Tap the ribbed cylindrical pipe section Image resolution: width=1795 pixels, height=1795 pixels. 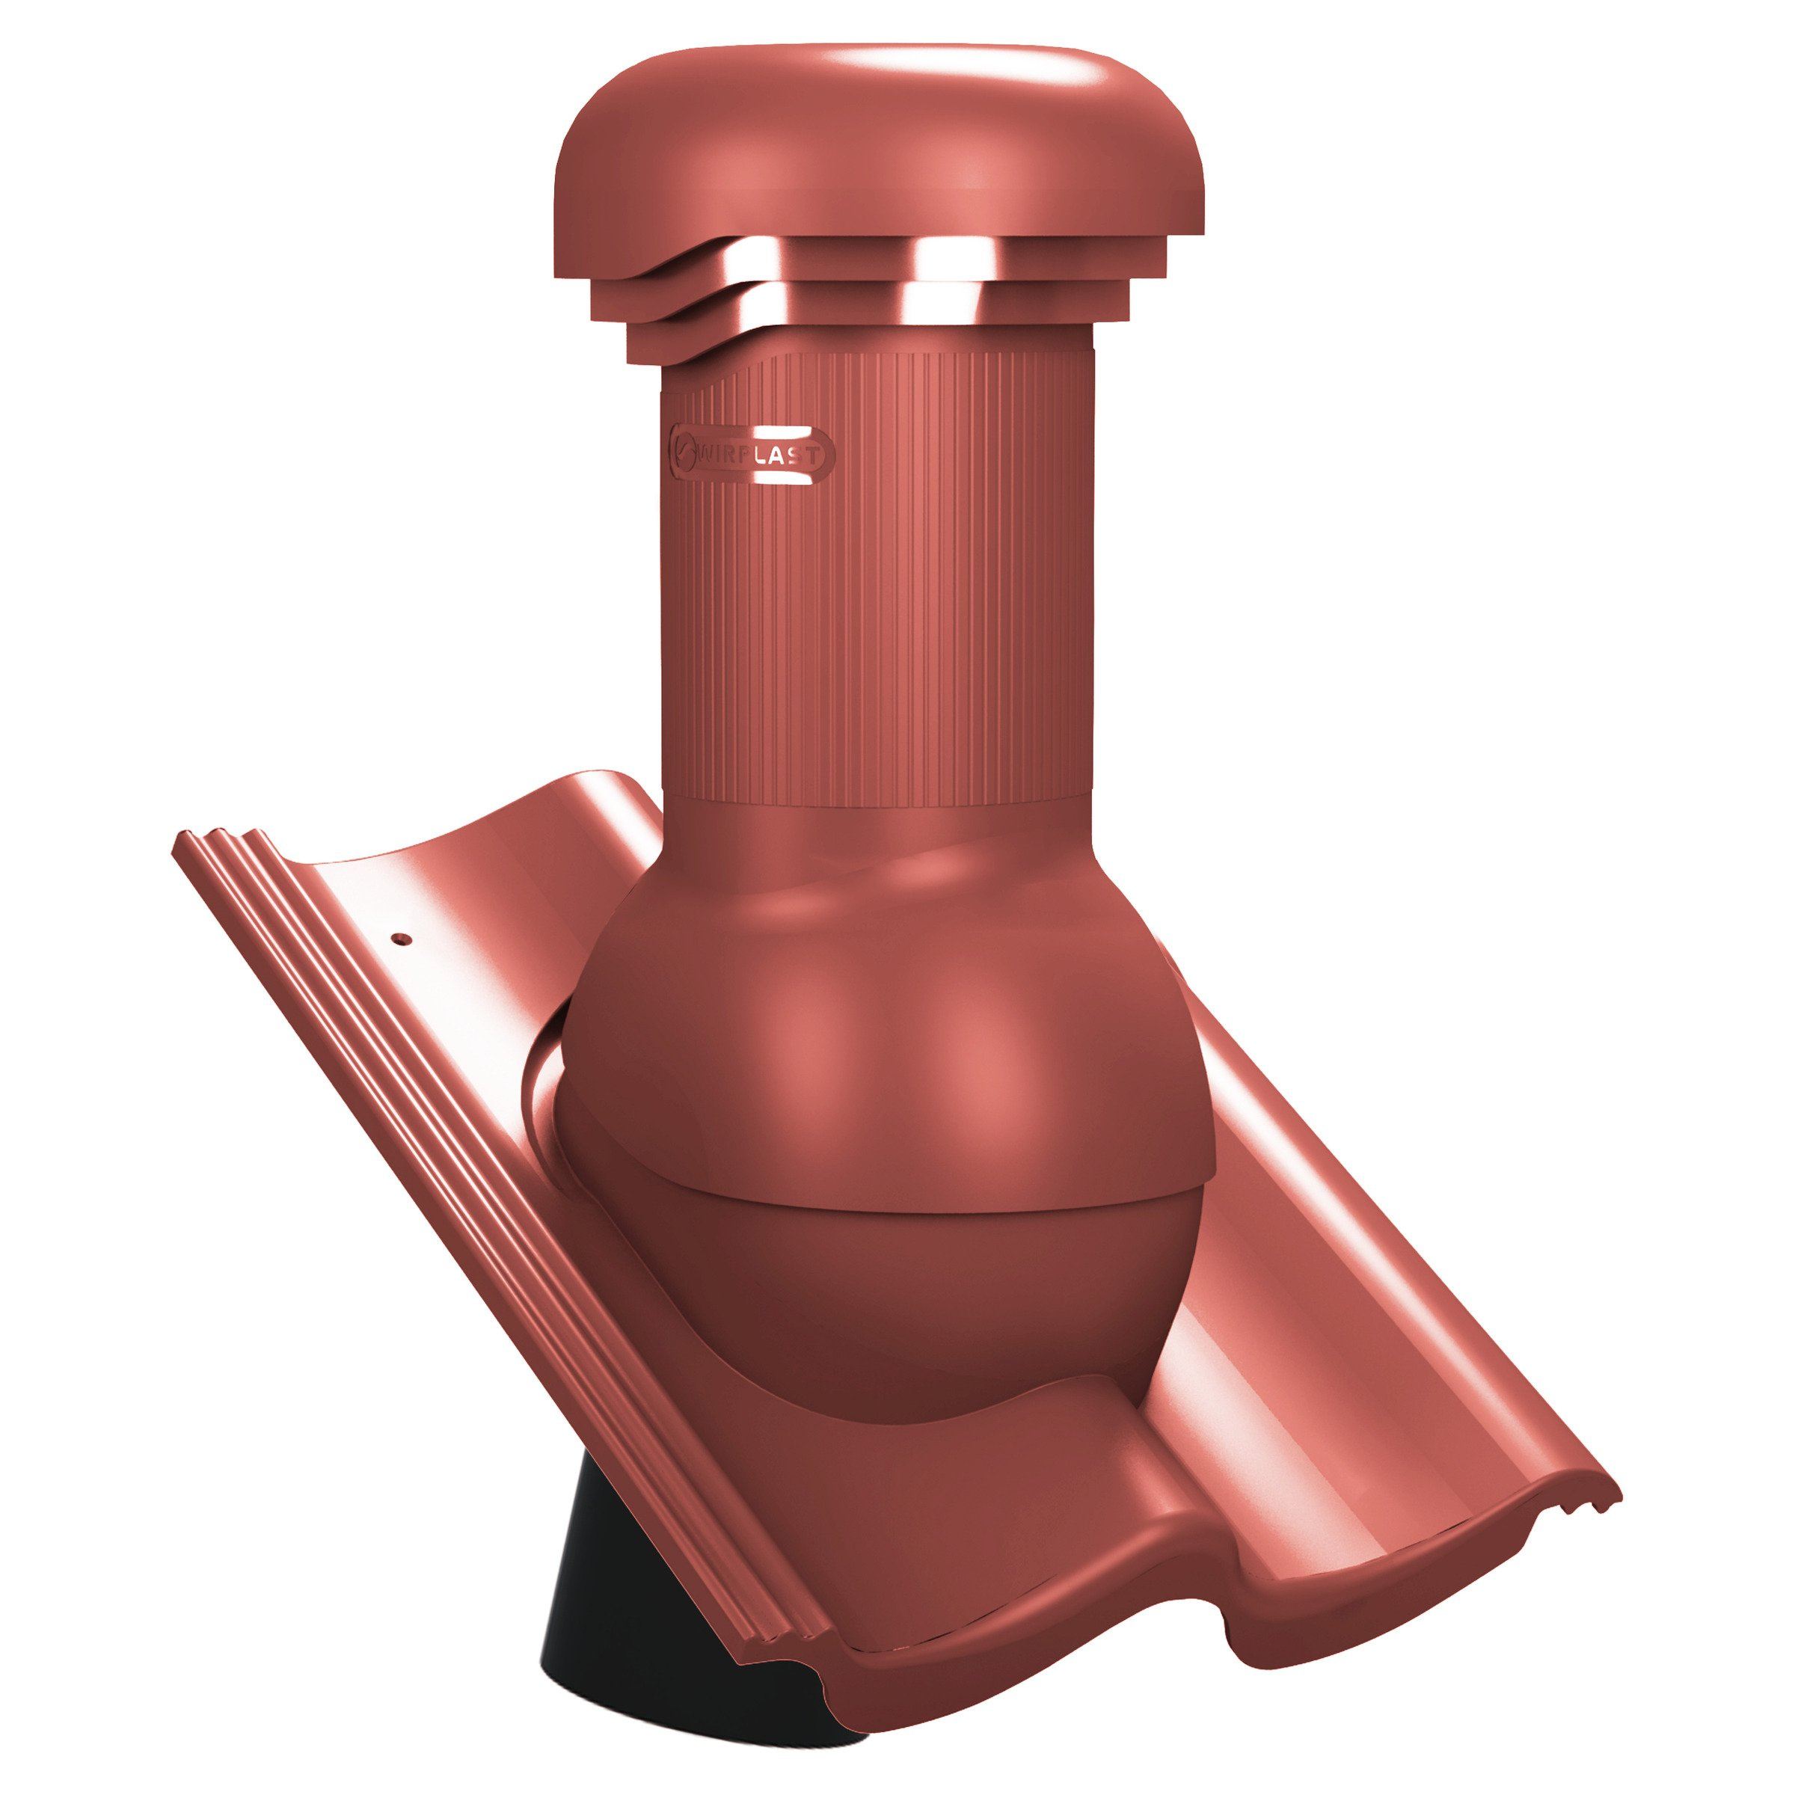(x=878, y=576)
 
